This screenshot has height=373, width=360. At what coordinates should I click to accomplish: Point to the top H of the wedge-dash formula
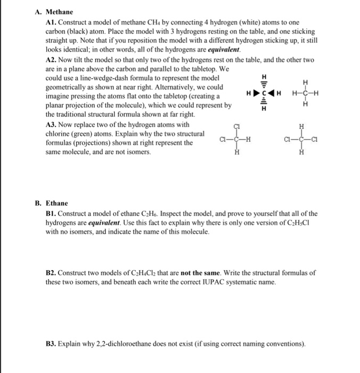click(x=261, y=77)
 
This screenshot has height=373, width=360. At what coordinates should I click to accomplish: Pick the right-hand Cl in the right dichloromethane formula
click(x=317, y=141)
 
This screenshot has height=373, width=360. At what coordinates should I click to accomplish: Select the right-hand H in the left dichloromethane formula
click(x=249, y=141)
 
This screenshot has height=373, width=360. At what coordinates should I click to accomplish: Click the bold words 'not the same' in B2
click(x=199, y=272)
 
